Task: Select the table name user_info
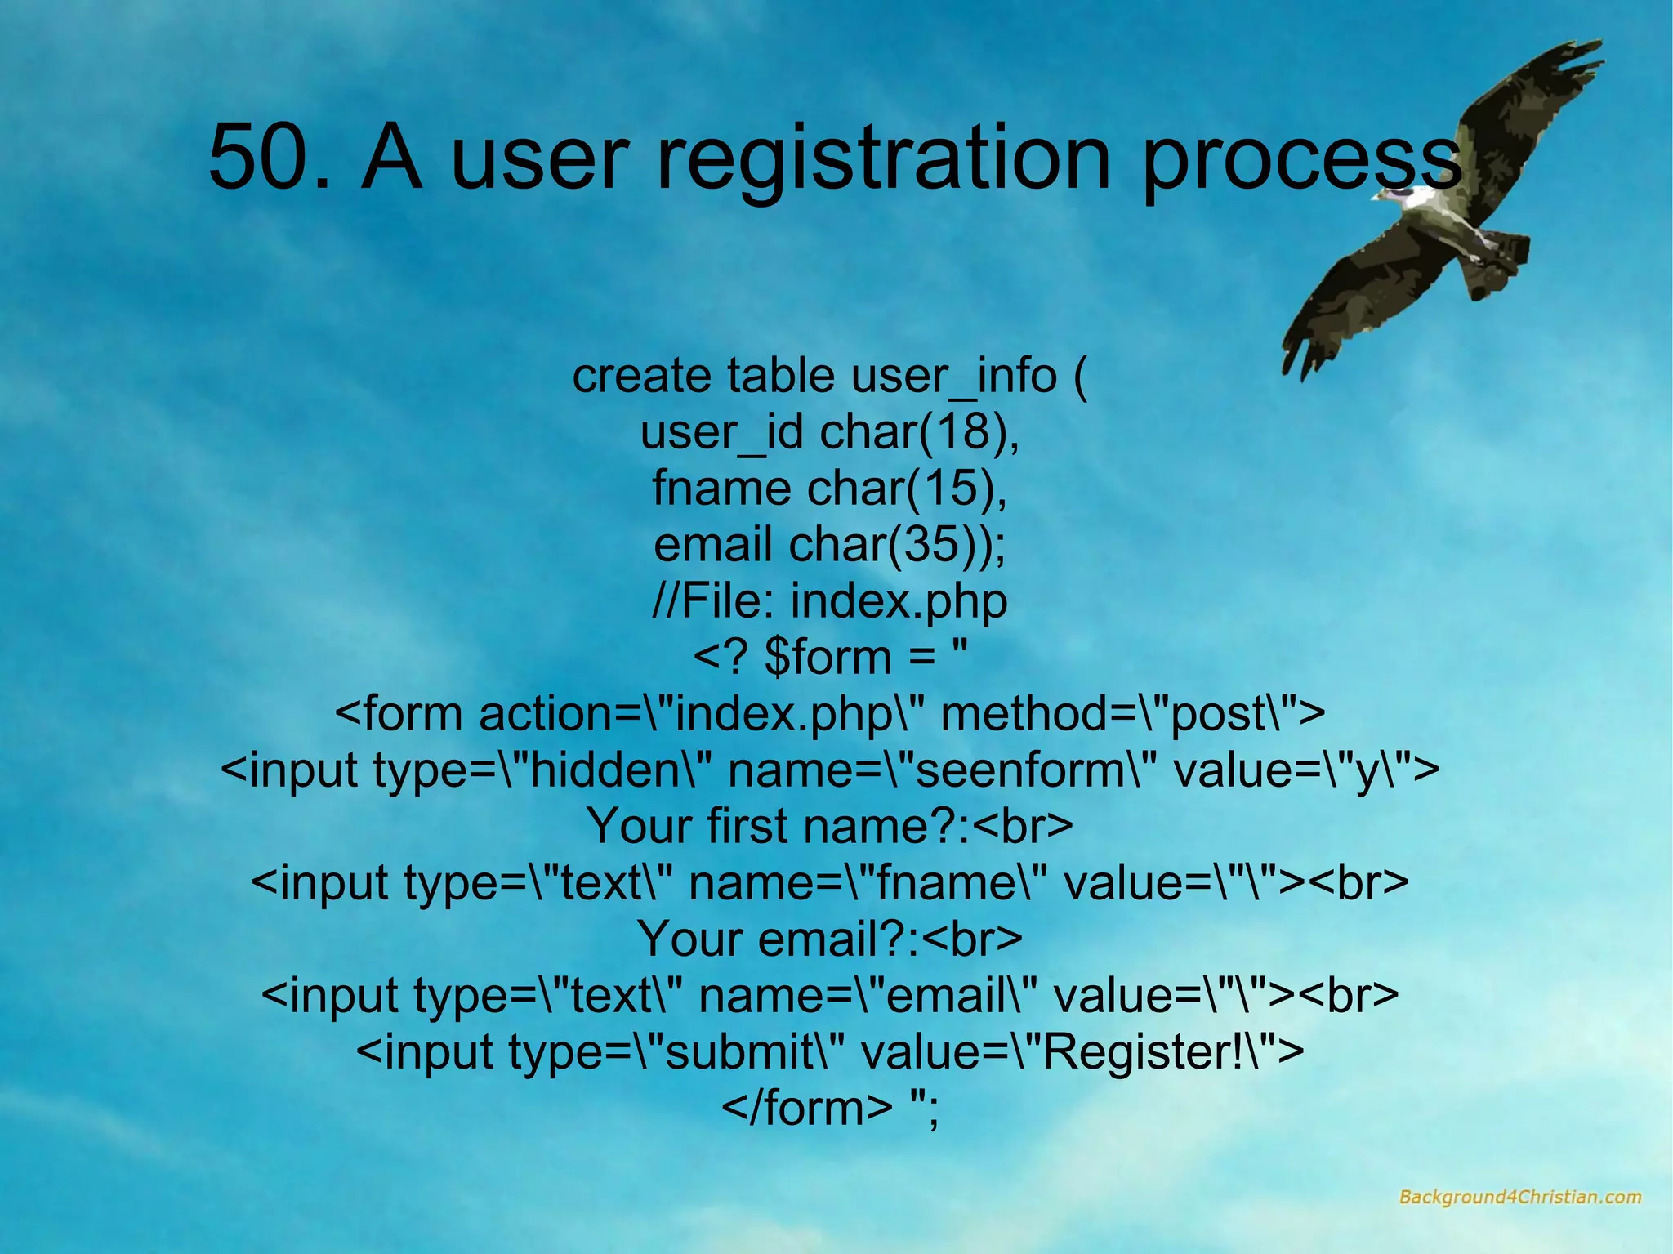click(x=953, y=377)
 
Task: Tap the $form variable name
click(x=827, y=658)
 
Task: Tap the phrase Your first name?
click(x=776, y=827)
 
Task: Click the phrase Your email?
click(x=779, y=939)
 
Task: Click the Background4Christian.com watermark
click(x=1519, y=1198)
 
